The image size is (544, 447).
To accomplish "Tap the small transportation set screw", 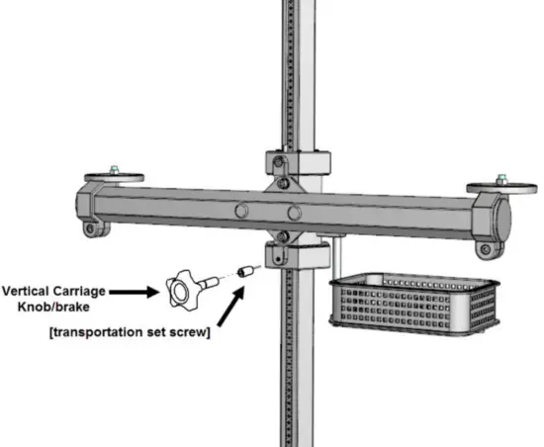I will click(247, 270).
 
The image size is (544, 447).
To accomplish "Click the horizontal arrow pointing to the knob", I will click(133, 292).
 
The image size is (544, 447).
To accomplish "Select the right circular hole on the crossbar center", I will click(294, 213).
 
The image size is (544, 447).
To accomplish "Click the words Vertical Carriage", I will click(53, 292).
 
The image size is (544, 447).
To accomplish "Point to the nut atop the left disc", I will click(116, 170).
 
